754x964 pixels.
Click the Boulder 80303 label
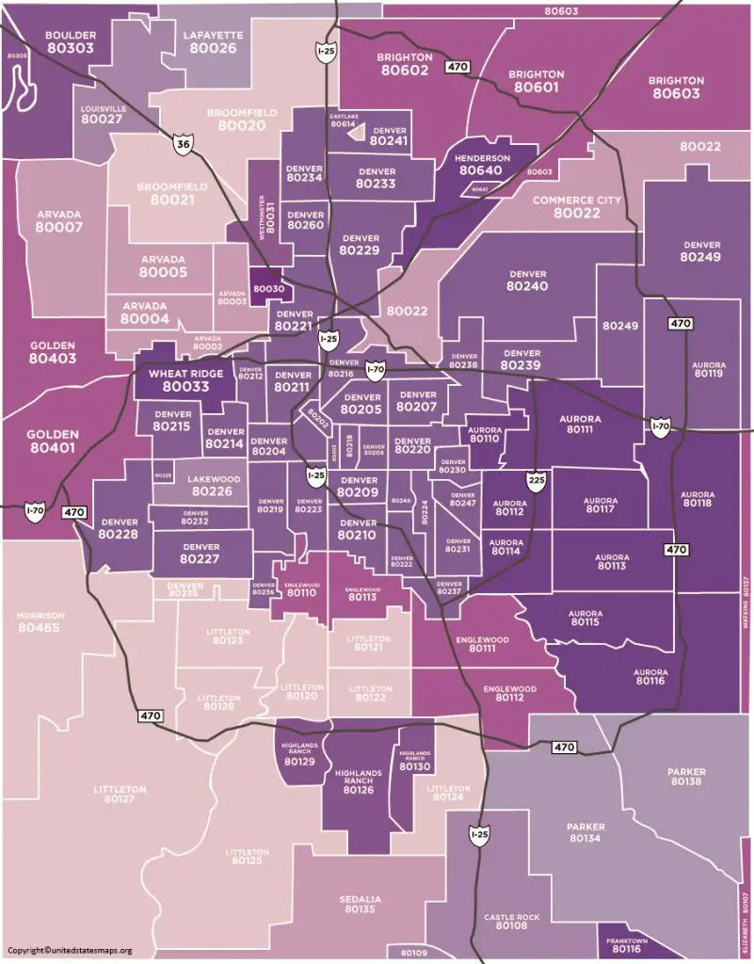click(70, 41)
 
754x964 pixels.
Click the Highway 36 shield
click(183, 141)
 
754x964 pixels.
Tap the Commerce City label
click(570, 207)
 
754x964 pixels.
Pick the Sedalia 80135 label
click(360, 905)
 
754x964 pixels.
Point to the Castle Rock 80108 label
click(511, 921)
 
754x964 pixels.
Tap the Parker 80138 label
click(685, 777)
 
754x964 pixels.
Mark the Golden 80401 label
click(53, 442)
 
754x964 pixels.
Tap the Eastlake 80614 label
click(344, 120)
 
